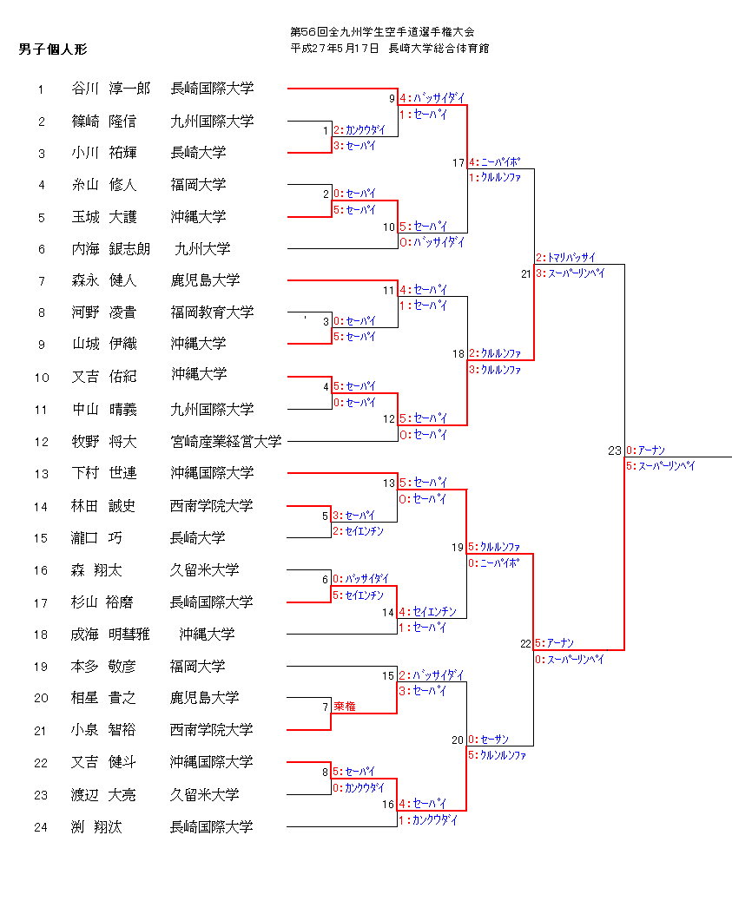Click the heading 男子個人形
pos(53,49)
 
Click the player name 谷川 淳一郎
pos(110,89)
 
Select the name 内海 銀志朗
pos(110,249)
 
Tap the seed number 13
pos(41,474)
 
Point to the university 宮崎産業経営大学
pos(226,442)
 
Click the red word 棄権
pos(345,707)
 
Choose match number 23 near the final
pos(615,450)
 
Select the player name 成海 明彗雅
pos(110,635)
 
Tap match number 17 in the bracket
pos(458,162)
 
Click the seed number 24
pos(41,827)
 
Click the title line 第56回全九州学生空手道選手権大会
pos(383,32)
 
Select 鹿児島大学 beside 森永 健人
pos(205,280)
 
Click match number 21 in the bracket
pos(525,273)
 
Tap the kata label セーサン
pos(494,740)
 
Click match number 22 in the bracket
pos(524,644)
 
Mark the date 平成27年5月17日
pos(334,49)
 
